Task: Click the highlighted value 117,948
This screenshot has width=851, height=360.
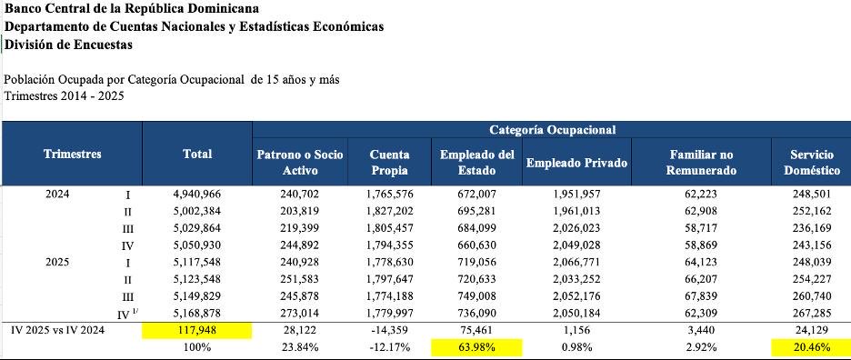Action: (x=197, y=331)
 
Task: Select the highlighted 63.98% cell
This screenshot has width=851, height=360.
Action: (x=477, y=347)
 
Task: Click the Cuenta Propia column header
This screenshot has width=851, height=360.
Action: (x=389, y=163)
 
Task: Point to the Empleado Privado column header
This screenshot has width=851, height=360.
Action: (x=576, y=163)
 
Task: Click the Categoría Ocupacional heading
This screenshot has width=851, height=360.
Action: (x=552, y=130)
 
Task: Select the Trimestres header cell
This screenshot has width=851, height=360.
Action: (x=72, y=155)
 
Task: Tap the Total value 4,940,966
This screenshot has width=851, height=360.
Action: (x=197, y=195)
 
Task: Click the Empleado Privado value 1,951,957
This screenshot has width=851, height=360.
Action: (x=576, y=195)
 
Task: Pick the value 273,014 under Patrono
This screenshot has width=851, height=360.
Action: (x=300, y=314)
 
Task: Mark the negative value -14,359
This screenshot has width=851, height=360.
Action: (x=389, y=331)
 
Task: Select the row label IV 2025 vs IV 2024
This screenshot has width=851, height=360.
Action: (x=57, y=331)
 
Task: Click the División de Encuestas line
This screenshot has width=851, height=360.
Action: (x=68, y=45)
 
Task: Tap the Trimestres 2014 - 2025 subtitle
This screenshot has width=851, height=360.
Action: (x=64, y=95)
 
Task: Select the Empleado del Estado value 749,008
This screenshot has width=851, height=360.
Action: (x=477, y=296)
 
